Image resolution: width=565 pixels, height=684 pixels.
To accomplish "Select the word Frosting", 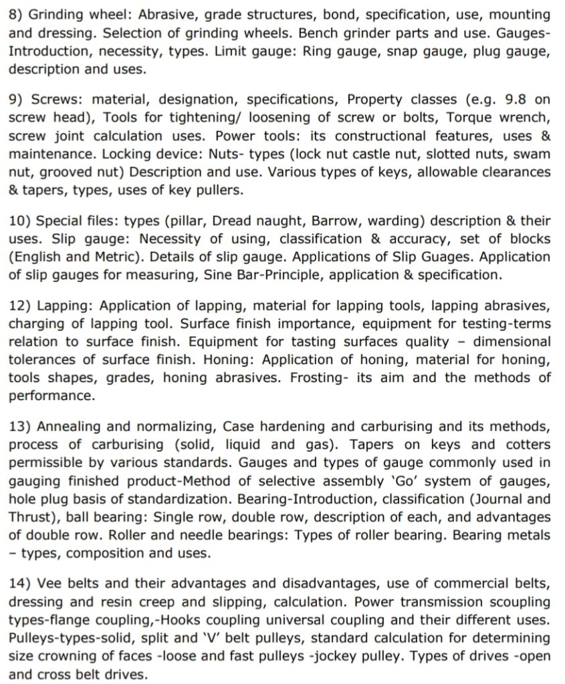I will (x=318, y=378).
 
